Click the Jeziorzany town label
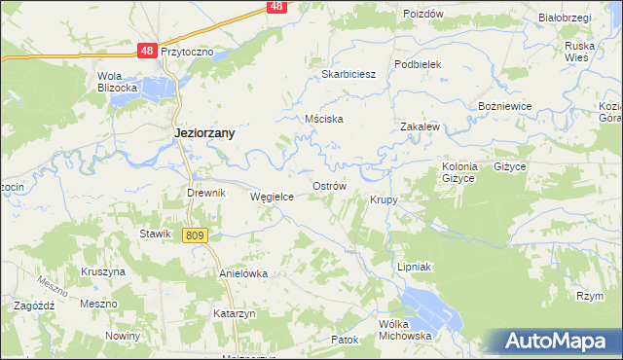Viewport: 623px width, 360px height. [x=202, y=133]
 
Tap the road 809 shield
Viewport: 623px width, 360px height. [x=196, y=235]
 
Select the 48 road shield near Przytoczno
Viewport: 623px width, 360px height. [x=146, y=50]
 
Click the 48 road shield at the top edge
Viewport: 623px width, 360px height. [x=277, y=7]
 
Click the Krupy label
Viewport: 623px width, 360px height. [x=383, y=199]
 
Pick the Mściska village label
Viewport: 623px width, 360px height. [x=324, y=120]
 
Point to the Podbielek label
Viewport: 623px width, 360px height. [x=419, y=63]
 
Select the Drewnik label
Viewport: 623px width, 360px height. [x=206, y=193]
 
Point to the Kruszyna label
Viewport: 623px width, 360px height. [x=104, y=271]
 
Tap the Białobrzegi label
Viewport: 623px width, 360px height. [x=562, y=18]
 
